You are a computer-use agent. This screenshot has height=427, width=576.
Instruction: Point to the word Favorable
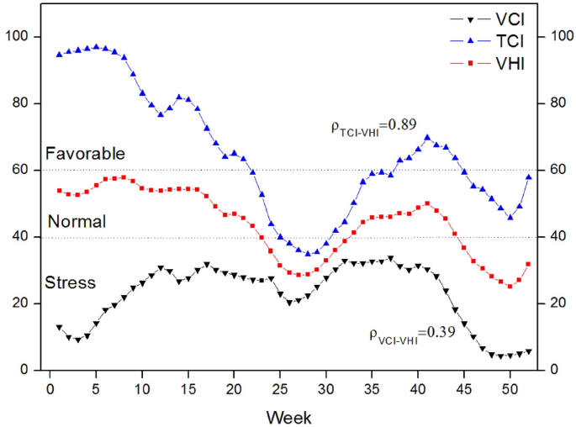click(85, 154)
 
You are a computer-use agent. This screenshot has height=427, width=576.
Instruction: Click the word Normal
click(77, 222)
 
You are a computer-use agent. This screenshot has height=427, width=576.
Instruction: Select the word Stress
click(71, 282)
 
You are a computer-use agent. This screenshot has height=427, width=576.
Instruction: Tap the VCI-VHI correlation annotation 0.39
click(412, 333)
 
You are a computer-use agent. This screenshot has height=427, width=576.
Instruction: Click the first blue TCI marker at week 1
click(59, 54)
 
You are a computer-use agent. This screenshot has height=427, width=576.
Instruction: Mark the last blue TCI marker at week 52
click(529, 177)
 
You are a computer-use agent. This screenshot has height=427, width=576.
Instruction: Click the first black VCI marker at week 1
click(59, 328)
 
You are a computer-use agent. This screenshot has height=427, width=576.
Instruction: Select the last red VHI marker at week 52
click(529, 264)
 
